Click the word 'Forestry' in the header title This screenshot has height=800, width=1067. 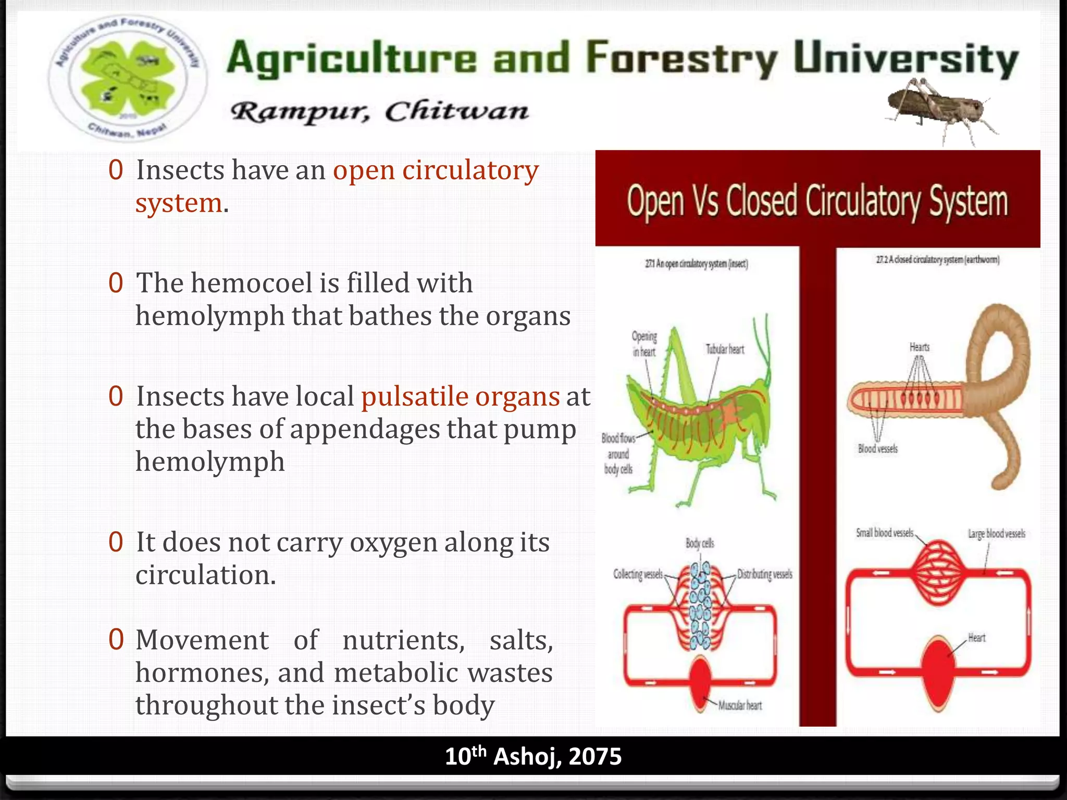pos(681,58)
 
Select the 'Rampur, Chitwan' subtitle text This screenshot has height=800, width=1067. pos(379,111)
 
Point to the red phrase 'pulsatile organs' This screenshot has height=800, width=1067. pos(460,397)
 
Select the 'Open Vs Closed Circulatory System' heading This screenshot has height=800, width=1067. pos(817,202)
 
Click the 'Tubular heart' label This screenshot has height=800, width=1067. pos(725,349)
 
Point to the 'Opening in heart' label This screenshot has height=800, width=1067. pos(644,344)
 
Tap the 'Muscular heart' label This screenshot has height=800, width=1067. pos(740,706)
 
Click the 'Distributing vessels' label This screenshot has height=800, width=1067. pos(764,574)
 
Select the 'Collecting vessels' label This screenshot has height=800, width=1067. pos(638,574)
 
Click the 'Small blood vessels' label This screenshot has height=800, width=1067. pos(885,533)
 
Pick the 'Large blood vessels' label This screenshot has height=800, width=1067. pos(996,534)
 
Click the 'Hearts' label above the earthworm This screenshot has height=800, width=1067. pos(919,347)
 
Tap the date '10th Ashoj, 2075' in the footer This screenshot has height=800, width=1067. pos(533,756)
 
